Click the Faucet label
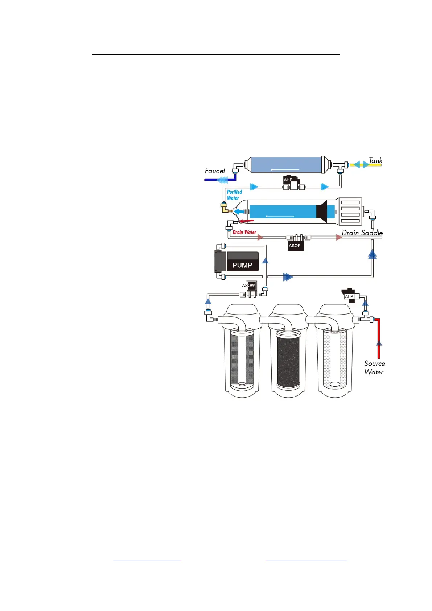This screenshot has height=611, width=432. (215, 171)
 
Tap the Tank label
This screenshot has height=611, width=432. (375, 160)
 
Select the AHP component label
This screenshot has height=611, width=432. (288, 180)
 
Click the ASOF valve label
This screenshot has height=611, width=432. (295, 246)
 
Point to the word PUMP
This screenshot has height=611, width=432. (242, 265)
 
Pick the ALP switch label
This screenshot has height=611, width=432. (349, 296)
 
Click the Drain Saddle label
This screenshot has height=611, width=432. (362, 233)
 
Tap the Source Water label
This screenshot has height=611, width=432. (374, 368)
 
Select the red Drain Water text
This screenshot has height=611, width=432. (244, 232)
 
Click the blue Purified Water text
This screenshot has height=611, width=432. (234, 195)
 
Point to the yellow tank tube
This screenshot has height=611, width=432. (374, 165)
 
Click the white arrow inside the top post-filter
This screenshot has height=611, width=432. (285, 169)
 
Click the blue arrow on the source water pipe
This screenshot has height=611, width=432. (379, 343)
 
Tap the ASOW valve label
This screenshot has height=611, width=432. (249, 286)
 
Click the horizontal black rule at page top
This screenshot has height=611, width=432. (215, 54)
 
